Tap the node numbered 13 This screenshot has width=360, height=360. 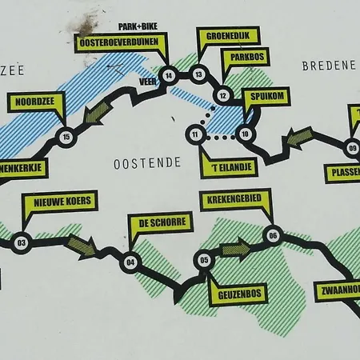pos(199,76)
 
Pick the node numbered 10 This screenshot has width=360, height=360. pos(245,134)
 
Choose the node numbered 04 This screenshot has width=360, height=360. pos(131,259)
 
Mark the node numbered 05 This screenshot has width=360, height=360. pos(204,260)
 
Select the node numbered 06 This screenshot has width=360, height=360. pos(274,235)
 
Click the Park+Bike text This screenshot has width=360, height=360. pos(136,26)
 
